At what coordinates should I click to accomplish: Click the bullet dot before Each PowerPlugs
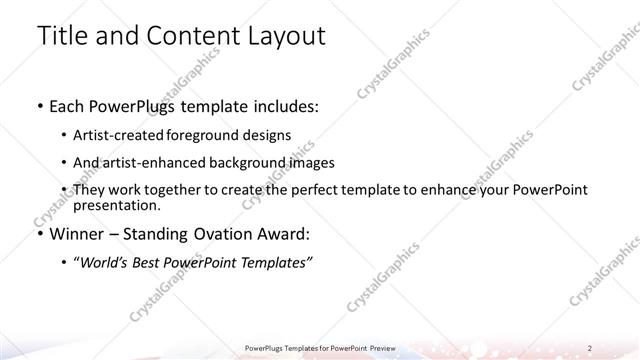pos(39,104)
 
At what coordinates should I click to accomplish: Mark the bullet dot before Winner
pos(39,235)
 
